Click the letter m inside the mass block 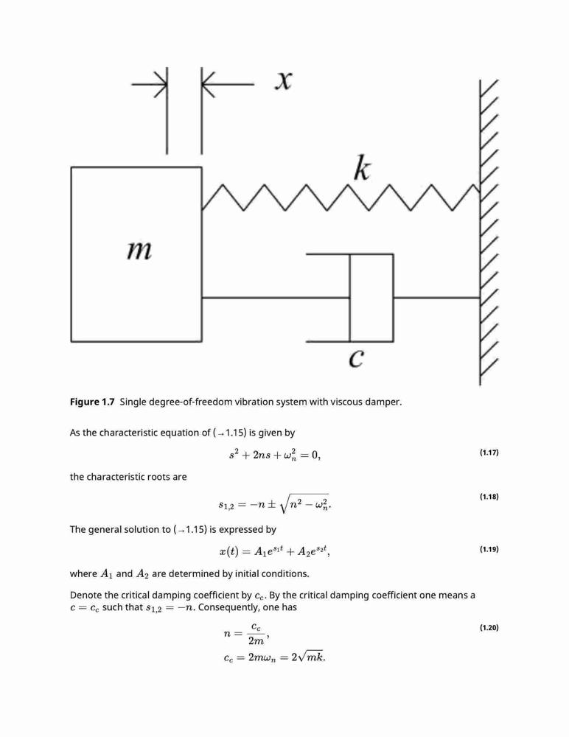[139, 251]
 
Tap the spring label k [362, 169]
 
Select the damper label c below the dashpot [356, 359]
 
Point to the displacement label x [283, 81]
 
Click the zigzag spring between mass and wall [341, 198]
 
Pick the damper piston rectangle [371, 298]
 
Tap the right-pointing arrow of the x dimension [149, 85]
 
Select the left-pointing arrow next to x [228, 85]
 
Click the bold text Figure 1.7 [92, 402]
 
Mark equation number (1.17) [489, 453]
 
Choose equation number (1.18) [489, 496]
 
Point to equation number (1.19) [489, 549]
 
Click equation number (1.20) [489, 627]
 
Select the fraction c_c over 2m [256, 634]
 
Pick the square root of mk [311, 657]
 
